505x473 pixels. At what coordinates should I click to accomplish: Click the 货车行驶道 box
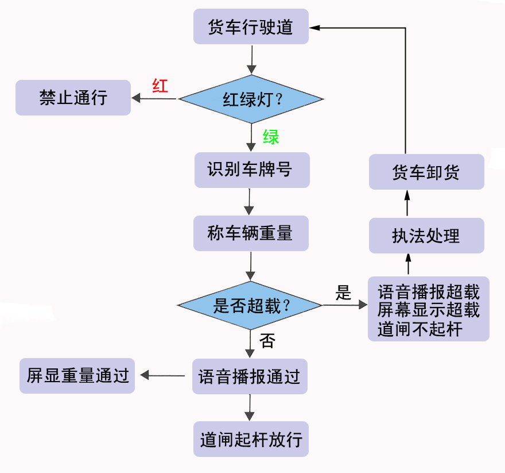point(251,27)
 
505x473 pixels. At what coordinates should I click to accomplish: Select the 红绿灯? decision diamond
point(251,99)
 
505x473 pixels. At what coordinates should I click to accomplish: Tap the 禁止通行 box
point(73,97)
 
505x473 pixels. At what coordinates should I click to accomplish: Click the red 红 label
point(160,86)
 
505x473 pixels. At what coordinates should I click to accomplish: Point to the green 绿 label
point(271,137)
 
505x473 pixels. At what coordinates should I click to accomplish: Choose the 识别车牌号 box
point(251,170)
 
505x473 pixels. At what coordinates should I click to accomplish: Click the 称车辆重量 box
point(251,233)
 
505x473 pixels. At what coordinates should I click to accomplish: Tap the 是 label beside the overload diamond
point(343,293)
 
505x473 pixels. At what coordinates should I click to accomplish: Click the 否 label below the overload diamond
point(267,341)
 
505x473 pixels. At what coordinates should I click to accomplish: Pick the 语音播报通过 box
point(250,376)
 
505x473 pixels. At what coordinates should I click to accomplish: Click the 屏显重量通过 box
point(77,376)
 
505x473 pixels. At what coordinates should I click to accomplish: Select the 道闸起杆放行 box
point(251,440)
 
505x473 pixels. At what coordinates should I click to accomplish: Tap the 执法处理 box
point(426,236)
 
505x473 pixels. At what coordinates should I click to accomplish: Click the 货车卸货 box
point(426,172)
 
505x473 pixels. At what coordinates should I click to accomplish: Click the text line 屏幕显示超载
point(428,310)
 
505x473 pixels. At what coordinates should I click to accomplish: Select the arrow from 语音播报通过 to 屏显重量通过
point(163,376)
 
